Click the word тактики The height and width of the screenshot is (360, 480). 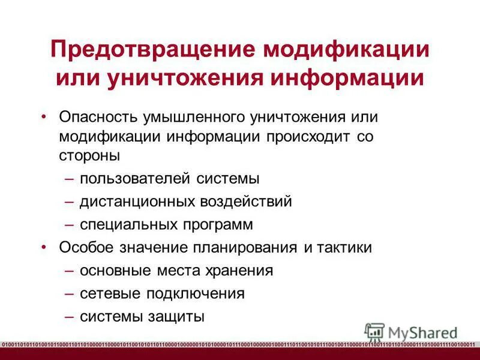click(344, 248)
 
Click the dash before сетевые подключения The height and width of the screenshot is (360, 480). click(69, 293)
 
